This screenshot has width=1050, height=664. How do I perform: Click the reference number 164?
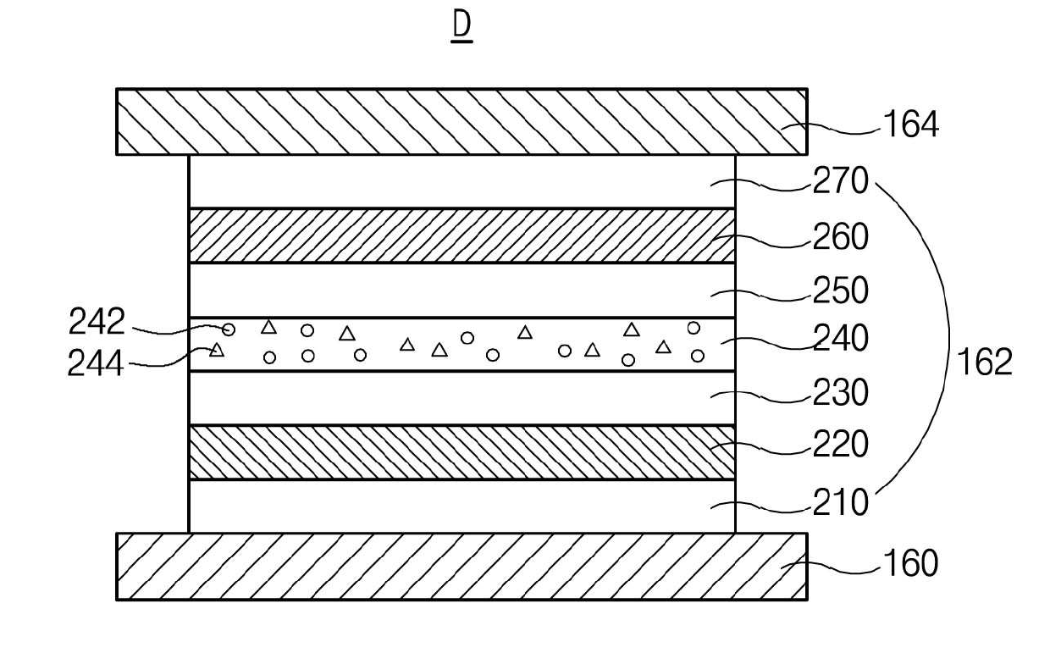pos(911,125)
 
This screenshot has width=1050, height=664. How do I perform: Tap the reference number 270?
pos(840,181)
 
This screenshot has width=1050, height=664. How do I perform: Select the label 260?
pos(840,237)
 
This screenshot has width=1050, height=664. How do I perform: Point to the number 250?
pos(840,290)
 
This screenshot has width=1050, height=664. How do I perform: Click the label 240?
pos(840,339)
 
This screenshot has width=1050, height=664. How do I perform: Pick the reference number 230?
pos(840,393)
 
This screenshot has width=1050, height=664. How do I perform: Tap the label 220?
pos(840,444)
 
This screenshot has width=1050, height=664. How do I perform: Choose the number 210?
pos(840,503)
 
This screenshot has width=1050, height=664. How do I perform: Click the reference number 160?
pos(911,562)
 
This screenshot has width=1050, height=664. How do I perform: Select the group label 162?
pos(984,362)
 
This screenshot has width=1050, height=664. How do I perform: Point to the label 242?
pos(96,322)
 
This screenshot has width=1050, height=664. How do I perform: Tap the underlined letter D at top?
pos(461,26)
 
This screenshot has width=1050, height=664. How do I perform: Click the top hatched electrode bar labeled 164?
pos(461,121)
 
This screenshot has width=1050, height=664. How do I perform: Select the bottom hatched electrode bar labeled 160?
pos(461,566)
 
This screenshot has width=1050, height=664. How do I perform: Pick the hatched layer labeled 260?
pos(461,235)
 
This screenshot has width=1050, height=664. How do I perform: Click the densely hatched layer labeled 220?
pos(461,452)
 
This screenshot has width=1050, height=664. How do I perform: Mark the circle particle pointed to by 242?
pos(229,329)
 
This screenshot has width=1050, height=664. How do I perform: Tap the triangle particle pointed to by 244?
pos(217,350)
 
